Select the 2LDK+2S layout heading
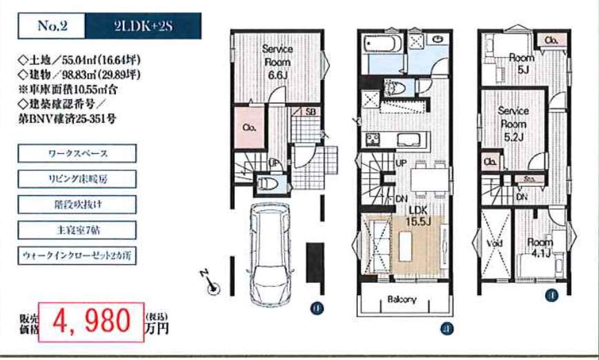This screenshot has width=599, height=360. (x=142, y=27)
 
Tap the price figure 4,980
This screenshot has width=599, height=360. (x=90, y=321)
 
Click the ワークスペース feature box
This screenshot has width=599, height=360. (x=77, y=153)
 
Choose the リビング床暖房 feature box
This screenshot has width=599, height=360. (x=77, y=179)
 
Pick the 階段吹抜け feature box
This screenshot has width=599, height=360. (x=77, y=204)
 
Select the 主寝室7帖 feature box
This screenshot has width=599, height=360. (x=77, y=230)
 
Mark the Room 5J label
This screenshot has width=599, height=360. (x=522, y=63)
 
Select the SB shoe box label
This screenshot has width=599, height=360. (x=311, y=111)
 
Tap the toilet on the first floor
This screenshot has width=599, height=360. (x=267, y=184)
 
